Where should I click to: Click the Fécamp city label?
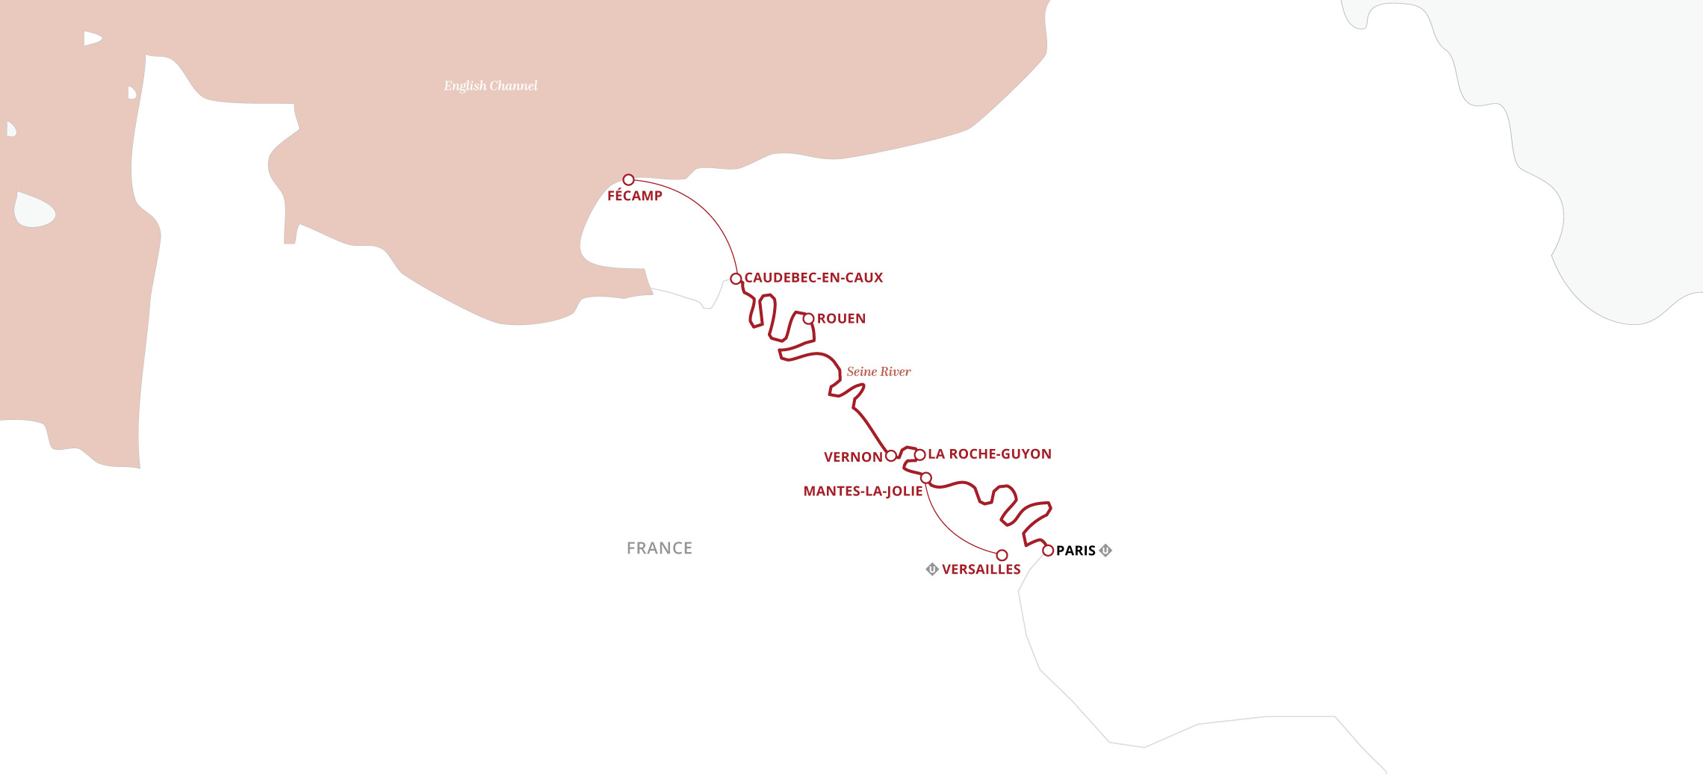(634, 196)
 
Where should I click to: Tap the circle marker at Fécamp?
(629, 180)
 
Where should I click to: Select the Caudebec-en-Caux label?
(813, 278)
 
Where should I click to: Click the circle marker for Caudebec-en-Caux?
(736, 279)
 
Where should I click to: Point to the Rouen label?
(841, 319)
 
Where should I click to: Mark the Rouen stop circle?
(808, 319)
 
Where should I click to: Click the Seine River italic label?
(878, 372)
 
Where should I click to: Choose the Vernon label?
(853, 457)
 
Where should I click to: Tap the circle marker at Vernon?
(891, 456)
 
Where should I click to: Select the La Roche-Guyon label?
(990, 454)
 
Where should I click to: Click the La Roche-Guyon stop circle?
(920, 455)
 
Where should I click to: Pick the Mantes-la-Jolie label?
(863, 492)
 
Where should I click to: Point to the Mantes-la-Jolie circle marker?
(926, 478)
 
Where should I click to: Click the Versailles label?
(981, 570)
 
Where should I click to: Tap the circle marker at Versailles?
(1002, 555)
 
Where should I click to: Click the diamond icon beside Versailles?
(932, 569)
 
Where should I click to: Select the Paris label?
(1076, 551)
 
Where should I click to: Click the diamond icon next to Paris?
(1106, 551)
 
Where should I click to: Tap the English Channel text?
(491, 86)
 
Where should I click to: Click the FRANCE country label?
(660, 548)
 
